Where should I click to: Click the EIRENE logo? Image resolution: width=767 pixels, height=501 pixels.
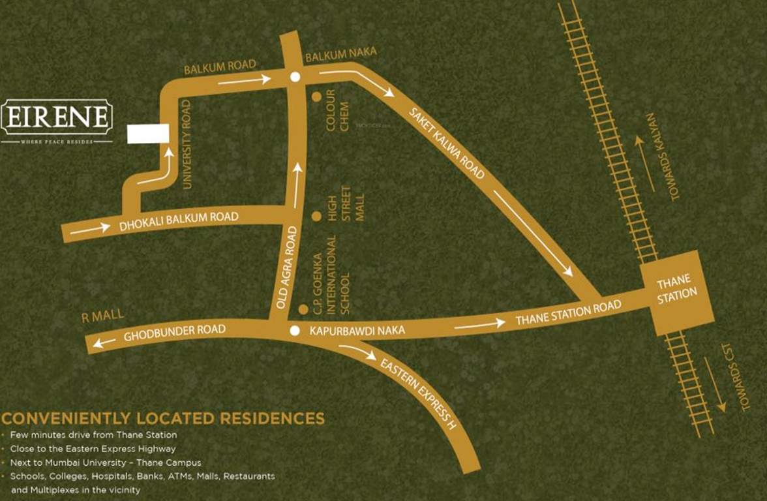click(57, 118)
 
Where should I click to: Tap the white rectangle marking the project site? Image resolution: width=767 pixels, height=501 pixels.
click(148, 133)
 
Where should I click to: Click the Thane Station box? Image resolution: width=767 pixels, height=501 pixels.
click(677, 292)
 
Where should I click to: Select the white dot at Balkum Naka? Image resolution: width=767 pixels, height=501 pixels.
click(295, 77)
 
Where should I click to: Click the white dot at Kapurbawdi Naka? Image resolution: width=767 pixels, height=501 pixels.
click(295, 331)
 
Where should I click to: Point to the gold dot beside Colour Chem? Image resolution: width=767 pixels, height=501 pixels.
click(316, 97)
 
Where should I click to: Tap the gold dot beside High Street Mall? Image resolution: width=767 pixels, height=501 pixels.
click(316, 216)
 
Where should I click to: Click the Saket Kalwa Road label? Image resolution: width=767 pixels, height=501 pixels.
click(447, 142)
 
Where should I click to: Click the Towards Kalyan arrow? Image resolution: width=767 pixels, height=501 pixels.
click(645, 163)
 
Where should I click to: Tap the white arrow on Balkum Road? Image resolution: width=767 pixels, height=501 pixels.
click(244, 81)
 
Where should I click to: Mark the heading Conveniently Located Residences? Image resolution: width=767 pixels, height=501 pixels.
click(163, 418)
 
